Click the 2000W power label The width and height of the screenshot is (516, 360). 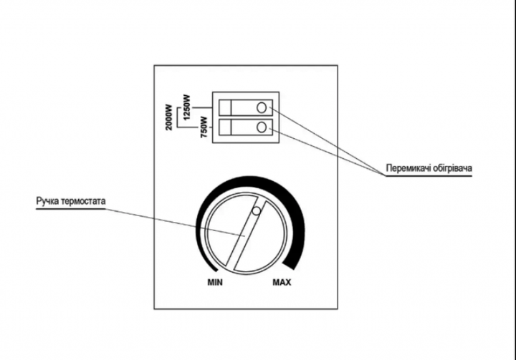coord(169,117)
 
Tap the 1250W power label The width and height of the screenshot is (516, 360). coord(187,107)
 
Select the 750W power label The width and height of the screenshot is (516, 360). coord(204,127)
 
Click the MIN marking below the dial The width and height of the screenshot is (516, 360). coord(215,282)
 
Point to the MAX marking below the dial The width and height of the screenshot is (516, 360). coord(282,282)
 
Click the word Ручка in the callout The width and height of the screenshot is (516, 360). coord(48,201)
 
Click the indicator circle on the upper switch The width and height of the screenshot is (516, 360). coord(262,107)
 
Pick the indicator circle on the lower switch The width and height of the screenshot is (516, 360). coord(262,127)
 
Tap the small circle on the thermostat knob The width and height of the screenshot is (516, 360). coord(256,210)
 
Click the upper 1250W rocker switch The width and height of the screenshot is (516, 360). coord(246,107)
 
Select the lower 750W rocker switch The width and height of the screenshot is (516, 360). coord(246,127)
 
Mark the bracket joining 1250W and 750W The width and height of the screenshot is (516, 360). coord(178,117)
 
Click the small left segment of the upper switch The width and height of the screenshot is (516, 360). coord(225,107)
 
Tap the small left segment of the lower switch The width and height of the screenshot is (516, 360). coord(225,127)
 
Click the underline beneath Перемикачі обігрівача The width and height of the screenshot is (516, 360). coord(429,176)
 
